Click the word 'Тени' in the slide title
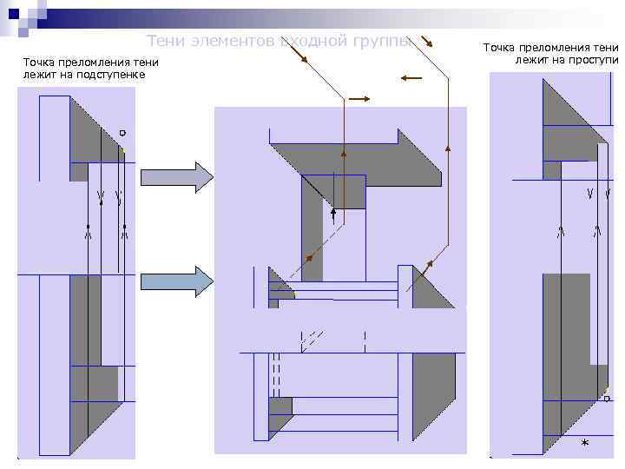[x=165, y=41]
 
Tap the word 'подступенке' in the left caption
[x=112, y=75]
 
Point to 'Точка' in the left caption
[x=41, y=63]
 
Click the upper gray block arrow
[x=176, y=177]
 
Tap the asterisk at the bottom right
[x=584, y=444]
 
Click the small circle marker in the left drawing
[x=122, y=133]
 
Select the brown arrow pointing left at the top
[x=411, y=78]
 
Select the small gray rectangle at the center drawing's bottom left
[x=280, y=406]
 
